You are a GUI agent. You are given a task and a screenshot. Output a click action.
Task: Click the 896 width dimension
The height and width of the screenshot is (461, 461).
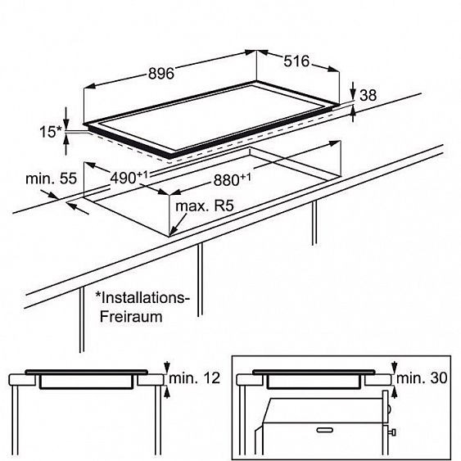161,73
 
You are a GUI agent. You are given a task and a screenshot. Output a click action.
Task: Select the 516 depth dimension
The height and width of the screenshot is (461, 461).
296,61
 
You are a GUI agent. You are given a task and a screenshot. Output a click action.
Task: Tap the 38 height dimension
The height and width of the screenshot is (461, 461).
368,96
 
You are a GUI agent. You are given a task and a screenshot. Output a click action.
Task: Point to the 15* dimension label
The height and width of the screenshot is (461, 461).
51,132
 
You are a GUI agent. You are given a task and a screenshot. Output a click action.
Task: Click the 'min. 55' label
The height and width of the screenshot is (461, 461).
51,179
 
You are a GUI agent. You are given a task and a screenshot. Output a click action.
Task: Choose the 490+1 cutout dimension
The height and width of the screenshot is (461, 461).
129,177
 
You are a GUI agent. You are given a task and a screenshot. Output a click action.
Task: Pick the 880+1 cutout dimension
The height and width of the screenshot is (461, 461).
233,179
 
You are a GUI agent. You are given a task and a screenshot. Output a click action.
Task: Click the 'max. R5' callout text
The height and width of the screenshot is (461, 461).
205,206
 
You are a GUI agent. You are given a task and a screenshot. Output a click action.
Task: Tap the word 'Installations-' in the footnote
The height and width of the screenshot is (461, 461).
142,298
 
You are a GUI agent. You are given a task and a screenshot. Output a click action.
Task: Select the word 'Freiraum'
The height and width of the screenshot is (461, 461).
131,317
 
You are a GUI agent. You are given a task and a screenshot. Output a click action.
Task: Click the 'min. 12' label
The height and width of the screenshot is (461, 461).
194,377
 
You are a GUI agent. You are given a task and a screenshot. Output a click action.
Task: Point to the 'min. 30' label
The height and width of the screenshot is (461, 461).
422,377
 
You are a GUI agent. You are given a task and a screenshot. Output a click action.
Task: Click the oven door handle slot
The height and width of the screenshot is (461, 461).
324,430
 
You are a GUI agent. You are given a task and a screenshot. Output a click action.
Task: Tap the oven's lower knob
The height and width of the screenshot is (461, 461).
392,432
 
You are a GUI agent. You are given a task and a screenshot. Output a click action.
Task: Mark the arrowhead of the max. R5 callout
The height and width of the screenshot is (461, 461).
174,231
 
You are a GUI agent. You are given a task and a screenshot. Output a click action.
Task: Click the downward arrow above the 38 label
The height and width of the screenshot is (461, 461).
353,91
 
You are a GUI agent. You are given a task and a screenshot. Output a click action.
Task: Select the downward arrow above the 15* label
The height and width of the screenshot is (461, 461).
66,119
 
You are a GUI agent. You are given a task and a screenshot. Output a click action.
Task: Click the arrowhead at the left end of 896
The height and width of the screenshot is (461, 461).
89,86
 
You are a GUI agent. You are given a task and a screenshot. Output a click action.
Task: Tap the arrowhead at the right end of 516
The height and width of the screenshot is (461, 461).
334,69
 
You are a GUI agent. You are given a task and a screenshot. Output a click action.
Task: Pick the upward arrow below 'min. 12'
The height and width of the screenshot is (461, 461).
167,392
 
